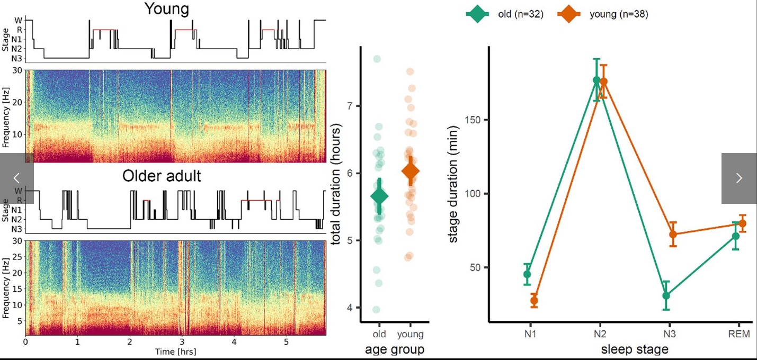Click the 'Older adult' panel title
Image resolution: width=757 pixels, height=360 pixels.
click(162, 176)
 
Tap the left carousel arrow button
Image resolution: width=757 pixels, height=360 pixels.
click(16, 178)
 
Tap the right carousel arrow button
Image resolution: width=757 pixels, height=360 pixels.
click(739, 178)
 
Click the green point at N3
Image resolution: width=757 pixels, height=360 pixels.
click(666, 295)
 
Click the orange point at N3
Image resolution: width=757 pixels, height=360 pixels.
click(673, 235)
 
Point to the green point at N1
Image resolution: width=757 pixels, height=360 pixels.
click(527, 274)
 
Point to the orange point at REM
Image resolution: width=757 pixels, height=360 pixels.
click(742, 223)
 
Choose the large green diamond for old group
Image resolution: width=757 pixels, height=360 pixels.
click(379, 196)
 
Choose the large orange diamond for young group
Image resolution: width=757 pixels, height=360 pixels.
click(411, 171)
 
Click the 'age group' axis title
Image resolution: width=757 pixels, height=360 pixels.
click(395, 349)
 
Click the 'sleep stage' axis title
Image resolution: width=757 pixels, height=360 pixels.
click(635, 349)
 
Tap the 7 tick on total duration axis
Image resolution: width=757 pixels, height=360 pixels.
click(350, 106)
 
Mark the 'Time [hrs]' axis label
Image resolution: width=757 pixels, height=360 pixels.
click(176, 352)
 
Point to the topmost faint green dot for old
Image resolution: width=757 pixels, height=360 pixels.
click(377, 59)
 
